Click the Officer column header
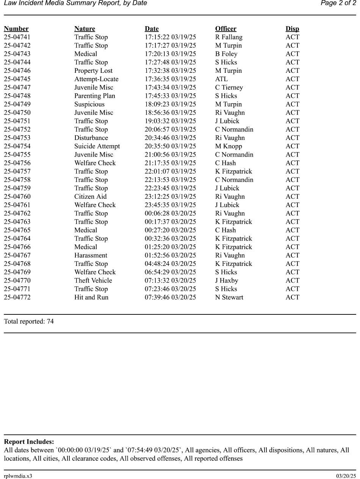point(225,29)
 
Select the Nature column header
point(85,29)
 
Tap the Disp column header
point(292,29)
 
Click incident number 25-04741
point(17,37)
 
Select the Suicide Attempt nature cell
point(97,146)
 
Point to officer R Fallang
point(229,37)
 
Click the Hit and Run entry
point(91,297)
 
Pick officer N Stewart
point(229,297)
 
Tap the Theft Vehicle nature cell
point(93,281)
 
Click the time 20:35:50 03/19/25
point(170,146)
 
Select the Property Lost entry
point(93,71)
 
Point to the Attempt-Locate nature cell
point(96,79)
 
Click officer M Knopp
point(229,146)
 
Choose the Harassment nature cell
point(91,256)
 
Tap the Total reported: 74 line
point(29,322)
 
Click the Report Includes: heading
point(29,442)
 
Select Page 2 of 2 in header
point(338,3)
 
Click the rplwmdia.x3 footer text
point(18,476)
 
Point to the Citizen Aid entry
point(90,197)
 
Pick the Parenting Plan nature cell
point(94,96)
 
